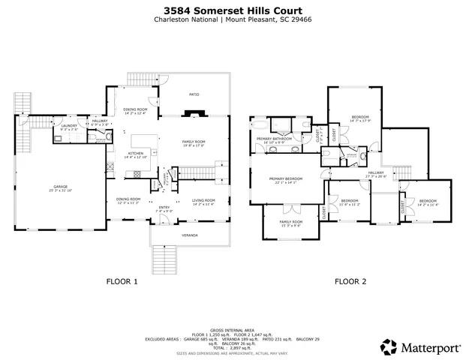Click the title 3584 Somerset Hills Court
(x=233, y=11)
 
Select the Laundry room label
(x=70, y=127)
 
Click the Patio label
(x=194, y=94)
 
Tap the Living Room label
(x=203, y=200)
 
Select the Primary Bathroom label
(x=273, y=139)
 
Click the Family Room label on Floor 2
(x=291, y=222)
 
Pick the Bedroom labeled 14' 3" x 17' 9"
(x=360, y=118)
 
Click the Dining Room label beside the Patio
(x=135, y=111)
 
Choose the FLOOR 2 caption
(x=350, y=282)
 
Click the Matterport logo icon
(x=389, y=346)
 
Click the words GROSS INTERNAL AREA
(x=233, y=328)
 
